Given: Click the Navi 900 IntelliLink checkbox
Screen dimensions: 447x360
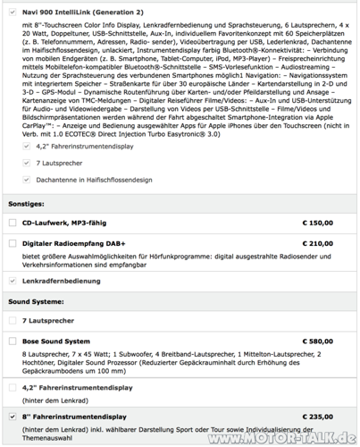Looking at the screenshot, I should (x=12, y=13).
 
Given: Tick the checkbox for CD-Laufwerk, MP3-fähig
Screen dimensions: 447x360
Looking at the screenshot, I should (x=12, y=222).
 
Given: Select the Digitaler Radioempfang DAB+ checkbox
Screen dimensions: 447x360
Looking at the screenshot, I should (x=12, y=243).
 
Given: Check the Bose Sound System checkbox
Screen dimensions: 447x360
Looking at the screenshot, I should (x=12, y=341).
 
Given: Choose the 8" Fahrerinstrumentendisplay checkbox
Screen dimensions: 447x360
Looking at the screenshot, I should (x=12, y=417).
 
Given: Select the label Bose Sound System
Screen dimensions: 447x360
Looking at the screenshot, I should (x=56, y=341).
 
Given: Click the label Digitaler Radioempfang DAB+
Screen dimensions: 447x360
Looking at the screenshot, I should (x=74, y=243).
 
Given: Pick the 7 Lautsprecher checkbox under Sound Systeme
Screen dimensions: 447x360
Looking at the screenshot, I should (x=12, y=319).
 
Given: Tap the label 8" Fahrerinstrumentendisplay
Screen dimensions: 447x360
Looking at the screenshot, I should (x=75, y=417).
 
